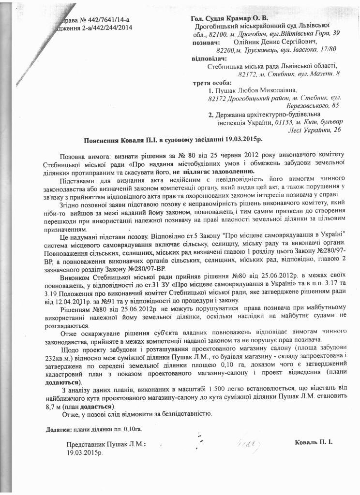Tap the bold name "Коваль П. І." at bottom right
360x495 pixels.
[x=314, y=442]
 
